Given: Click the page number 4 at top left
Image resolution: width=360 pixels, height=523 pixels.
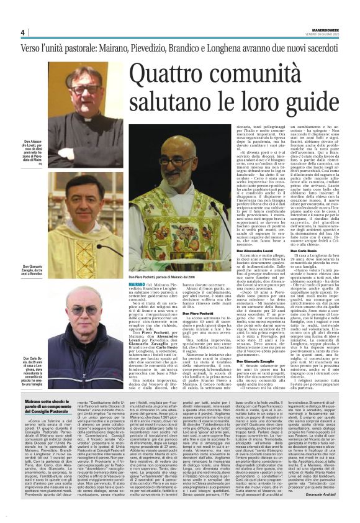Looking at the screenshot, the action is coord(23,32).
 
